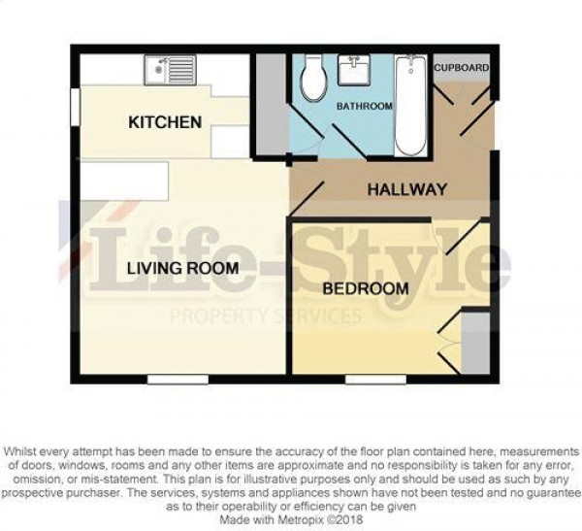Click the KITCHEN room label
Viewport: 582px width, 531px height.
[x=165, y=122]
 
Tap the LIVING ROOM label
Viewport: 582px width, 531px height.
[x=182, y=268]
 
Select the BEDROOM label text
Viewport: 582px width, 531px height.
[x=366, y=288]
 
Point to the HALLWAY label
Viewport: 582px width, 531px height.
[x=406, y=190]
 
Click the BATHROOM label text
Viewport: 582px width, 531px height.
[x=365, y=106]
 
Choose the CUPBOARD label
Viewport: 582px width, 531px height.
[x=462, y=68]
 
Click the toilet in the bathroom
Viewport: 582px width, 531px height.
[x=314, y=78]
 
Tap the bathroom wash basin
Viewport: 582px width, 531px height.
[x=354, y=70]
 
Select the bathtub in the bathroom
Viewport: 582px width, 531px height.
[x=410, y=106]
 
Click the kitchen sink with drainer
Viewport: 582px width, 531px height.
[x=170, y=70]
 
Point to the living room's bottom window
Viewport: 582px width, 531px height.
[x=178, y=380]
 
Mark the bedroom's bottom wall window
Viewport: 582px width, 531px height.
[x=375, y=380]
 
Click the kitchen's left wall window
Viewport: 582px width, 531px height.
[x=75, y=107]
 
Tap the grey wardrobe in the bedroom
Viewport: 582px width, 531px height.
[x=475, y=343]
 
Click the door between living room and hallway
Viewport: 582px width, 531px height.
[x=307, y=199]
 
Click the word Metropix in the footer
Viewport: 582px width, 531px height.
[x=302, y=519]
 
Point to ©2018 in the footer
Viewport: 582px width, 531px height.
[x=345, y=519]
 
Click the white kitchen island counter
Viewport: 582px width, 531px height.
[x=124, y=181]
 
